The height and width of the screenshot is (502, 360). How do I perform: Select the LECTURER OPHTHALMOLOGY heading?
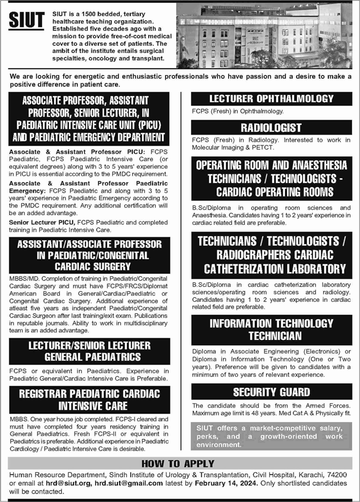pyautogui.click(x=271, y=99)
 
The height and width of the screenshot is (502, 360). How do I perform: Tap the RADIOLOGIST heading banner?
pyautogui.click(x=271, y=127)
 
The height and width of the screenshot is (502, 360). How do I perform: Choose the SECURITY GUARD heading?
pyautogui.click(x=271, y=392)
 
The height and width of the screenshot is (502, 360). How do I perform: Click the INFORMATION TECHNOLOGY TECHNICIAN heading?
pyautogui.click(x=271, y=329)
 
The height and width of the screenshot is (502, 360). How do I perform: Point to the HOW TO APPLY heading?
pyautogui.click(x=178, y=463)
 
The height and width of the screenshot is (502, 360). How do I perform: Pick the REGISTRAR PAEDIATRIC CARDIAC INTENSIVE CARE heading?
pyautogui.click(x=89, y=399)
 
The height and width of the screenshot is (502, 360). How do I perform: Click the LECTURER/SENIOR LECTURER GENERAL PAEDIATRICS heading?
pyautogui.click(x=89, y=351)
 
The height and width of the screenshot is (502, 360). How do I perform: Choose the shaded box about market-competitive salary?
pyautogui.click(x=271, y=436)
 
